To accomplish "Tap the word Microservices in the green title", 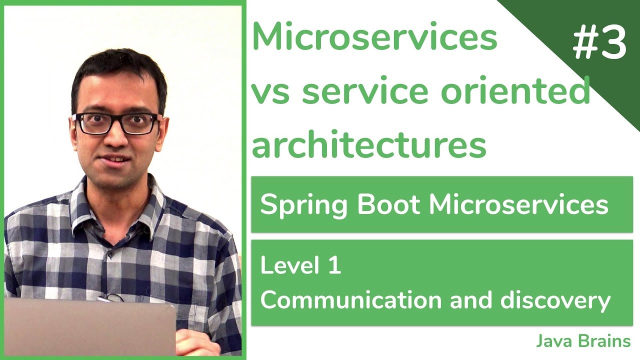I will (x=375, y=37).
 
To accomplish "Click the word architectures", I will (x=369, y=144).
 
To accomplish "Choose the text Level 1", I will (x=300, y=265).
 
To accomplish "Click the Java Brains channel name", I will (x=583, y=341).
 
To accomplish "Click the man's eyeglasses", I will (x=117, y=124).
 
